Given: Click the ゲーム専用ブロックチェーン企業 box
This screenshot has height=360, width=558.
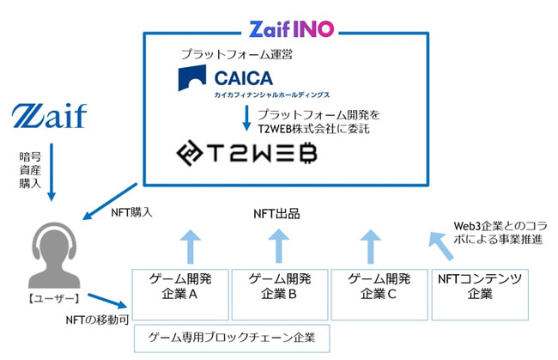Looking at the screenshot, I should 232,338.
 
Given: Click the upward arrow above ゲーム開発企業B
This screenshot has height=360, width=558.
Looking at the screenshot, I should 276,247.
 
